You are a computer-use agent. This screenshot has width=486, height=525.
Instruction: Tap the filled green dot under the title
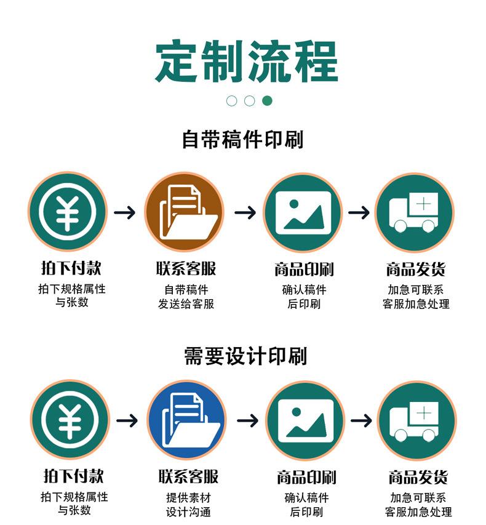coord(267,100)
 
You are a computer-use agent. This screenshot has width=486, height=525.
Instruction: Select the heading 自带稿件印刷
coord(243,139)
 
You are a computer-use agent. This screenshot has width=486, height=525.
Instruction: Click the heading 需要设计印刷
coord(245,356)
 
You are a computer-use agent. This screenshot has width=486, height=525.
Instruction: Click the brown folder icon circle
coord(184,212)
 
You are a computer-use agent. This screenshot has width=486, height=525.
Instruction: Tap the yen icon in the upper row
coord(67,212)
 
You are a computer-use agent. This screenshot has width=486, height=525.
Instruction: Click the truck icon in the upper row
coord(415,212)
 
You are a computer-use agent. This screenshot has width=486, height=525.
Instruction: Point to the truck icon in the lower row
coord(416,420)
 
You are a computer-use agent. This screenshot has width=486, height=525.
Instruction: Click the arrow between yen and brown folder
coord(125,213)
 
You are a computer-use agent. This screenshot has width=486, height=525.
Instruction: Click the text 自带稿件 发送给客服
coord(186,297)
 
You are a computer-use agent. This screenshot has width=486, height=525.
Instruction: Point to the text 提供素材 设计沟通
coord(188,505)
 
